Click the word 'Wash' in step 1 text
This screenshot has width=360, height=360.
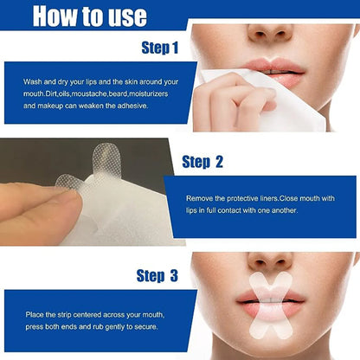(32, 80)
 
